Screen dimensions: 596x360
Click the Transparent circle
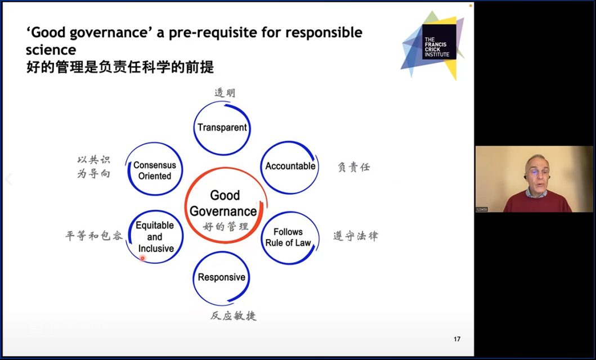[x=222, y=102]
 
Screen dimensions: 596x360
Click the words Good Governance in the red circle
[x=223, y=203]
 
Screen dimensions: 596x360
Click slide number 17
[x=457, y=339]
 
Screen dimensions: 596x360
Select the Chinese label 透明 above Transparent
[x=225, y=93]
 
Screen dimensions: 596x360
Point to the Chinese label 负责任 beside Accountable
[x=353, y=166]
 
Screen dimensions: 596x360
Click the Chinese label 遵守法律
[x=356, y=236]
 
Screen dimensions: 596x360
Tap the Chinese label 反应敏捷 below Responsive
[x=234, y=315]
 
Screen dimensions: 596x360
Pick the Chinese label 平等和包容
[x=94, y=236]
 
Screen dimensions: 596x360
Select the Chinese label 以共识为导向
[x=94, y=166]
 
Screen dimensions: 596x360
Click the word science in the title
[x=51, y=49]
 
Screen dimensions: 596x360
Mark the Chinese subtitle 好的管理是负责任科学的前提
[x=120, y=67]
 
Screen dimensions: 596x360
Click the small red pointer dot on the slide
[x=142, y=258]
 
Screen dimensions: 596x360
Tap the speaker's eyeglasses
[x=537, y=172]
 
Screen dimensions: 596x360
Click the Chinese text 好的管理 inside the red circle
[x=226, y=227]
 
